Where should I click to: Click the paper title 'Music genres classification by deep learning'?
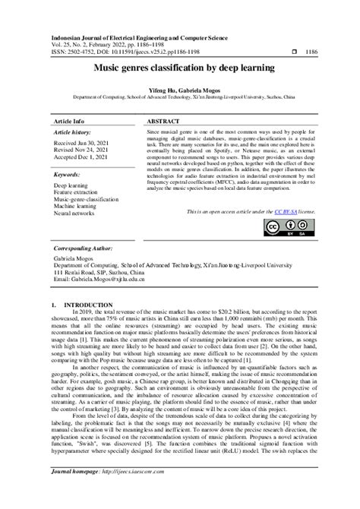(x=180, y=67)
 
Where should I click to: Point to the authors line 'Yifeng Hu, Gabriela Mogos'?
(x=180, y=90)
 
